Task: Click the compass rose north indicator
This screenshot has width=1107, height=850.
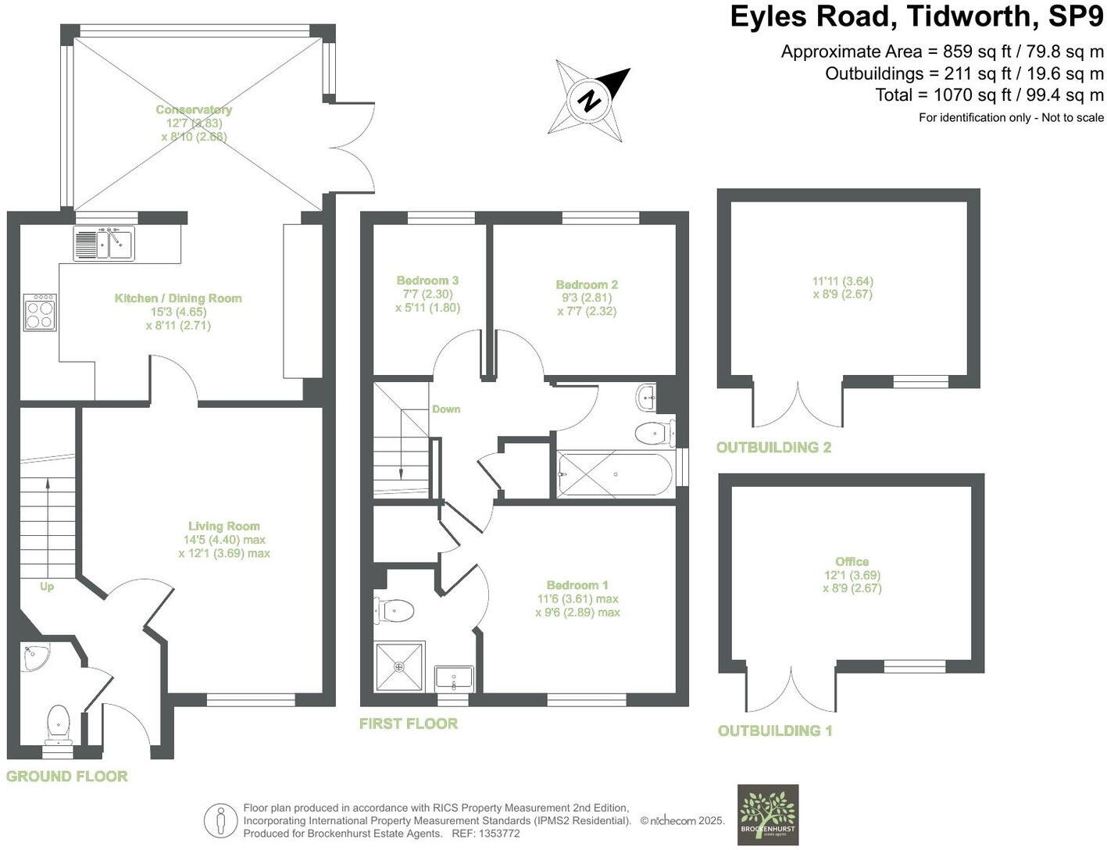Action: point(591,100)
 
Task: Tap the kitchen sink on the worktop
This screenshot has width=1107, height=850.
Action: point(104,243)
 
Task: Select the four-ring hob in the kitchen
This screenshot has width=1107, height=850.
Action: point(40,312)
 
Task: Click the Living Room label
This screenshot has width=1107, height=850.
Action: point(223,527)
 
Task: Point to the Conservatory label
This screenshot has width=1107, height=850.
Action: point(194,110)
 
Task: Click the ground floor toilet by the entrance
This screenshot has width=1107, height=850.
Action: point(59,724)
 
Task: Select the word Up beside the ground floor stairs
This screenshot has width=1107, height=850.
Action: point(47,586)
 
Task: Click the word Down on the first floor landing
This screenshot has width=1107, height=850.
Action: point(446,409)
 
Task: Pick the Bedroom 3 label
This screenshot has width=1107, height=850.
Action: point(427,280)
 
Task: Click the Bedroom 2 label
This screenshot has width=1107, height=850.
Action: point(587,284)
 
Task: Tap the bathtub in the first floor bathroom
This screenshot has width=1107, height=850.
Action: point(614,474)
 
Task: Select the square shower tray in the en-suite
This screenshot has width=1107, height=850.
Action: point(400,666)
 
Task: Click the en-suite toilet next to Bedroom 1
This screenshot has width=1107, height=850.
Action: point(395,610)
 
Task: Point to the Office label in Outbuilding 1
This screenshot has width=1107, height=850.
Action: point(852,562)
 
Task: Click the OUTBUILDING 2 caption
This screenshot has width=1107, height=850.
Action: point(773,448)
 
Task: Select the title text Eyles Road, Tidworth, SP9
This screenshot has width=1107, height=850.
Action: point(916,16)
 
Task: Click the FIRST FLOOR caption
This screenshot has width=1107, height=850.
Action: point(408,723)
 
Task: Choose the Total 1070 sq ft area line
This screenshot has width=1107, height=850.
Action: point(989,95)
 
